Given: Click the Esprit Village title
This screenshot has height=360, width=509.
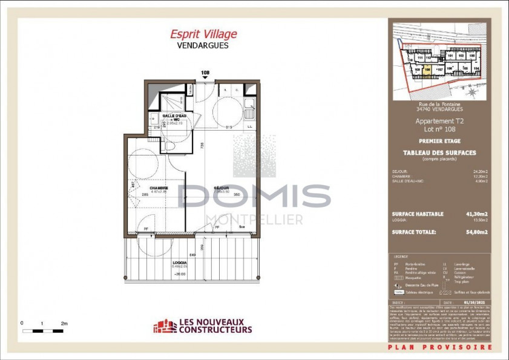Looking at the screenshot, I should click(203, 34).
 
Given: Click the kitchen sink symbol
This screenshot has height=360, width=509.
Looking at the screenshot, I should click(248, 113).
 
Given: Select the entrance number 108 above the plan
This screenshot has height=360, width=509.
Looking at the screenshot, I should click(205, 73).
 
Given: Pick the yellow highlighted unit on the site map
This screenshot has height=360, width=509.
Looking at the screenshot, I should click(427, 69).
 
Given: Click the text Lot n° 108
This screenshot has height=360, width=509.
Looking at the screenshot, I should click(436, 129).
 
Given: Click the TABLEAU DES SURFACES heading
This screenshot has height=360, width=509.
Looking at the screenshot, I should click(439, 152).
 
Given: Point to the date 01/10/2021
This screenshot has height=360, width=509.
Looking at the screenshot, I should click(474, 301).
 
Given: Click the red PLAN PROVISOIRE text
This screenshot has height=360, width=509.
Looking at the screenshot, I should click(440, 347).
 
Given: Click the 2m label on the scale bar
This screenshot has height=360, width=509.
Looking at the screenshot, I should click(64, 324).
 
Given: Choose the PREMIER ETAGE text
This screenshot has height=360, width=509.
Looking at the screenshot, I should click(439, 141).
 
